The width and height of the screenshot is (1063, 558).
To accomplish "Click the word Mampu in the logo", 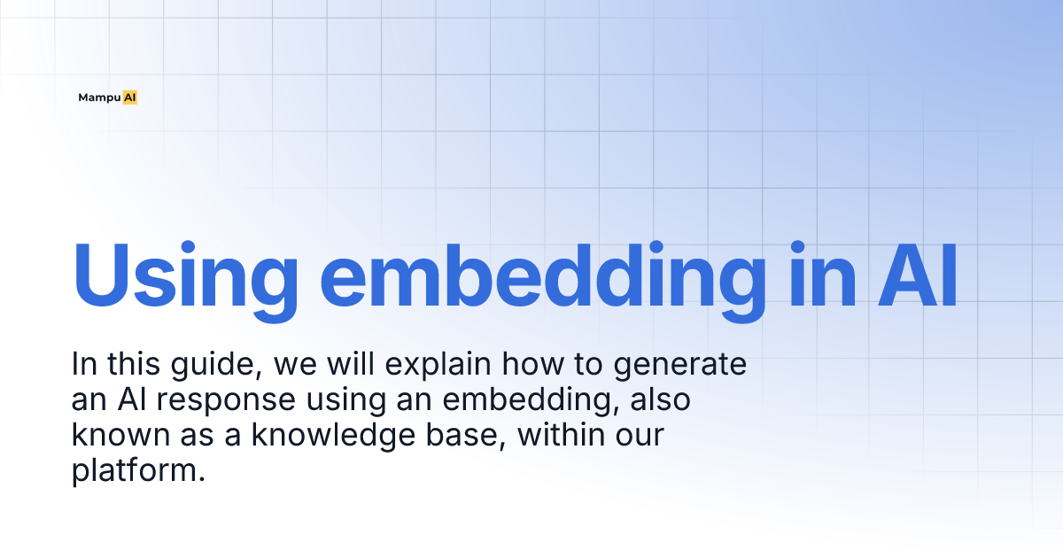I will click(x=98, y=98).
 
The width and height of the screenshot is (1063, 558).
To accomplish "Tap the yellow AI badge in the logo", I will click(x=130, y=98).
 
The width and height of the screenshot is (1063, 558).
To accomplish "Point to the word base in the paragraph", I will click(x=468, y=436).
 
